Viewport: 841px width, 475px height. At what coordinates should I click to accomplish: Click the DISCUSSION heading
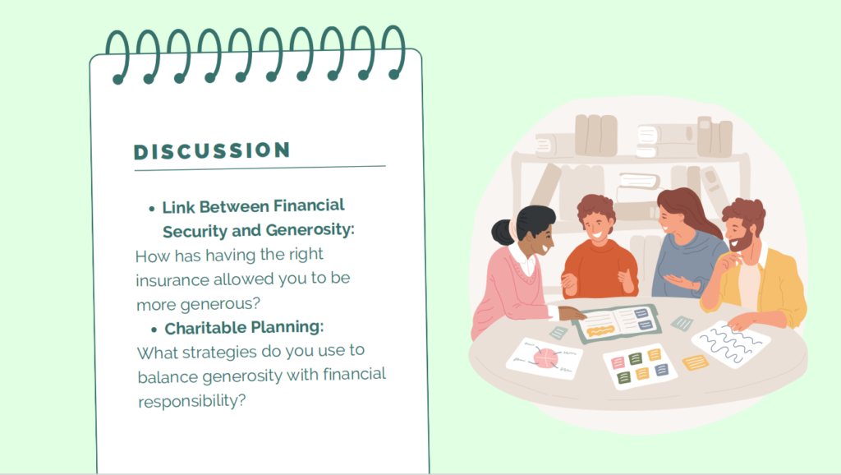coord(212,151)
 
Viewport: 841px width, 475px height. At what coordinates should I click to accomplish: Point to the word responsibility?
coord(191,401)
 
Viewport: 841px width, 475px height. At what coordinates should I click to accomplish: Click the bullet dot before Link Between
coord(152,209)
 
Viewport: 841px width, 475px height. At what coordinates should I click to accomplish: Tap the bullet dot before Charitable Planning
coord(154,330)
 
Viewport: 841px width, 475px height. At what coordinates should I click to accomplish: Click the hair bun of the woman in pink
coord(503,232)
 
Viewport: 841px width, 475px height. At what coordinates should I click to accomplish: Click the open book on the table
coord(617,321)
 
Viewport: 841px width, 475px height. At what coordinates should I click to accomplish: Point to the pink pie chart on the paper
coord(545,358)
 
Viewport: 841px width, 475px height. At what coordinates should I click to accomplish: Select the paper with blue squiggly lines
coord(730,344)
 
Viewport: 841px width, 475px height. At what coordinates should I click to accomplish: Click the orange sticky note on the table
coord(695,363)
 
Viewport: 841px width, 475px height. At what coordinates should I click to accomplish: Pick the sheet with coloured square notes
coord(639,366)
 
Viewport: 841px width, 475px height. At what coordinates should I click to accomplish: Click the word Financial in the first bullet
coord(309,205)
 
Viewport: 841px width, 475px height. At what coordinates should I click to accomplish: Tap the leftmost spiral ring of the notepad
coord(118,57)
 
